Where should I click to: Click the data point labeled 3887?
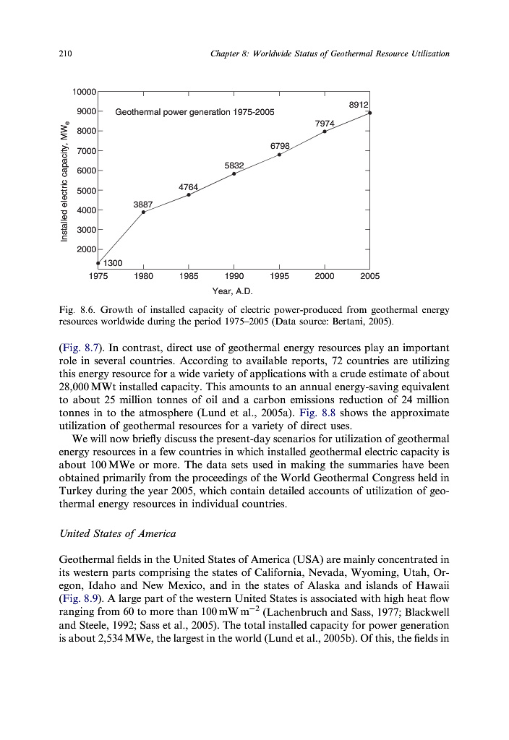143,212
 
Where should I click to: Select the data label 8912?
359,105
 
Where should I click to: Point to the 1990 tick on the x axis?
234,275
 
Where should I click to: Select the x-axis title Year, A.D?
232,291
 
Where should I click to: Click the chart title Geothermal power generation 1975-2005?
194,112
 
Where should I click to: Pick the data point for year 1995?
279,155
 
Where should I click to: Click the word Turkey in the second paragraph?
75,491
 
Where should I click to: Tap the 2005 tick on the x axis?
369,275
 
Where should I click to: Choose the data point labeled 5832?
234,173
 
